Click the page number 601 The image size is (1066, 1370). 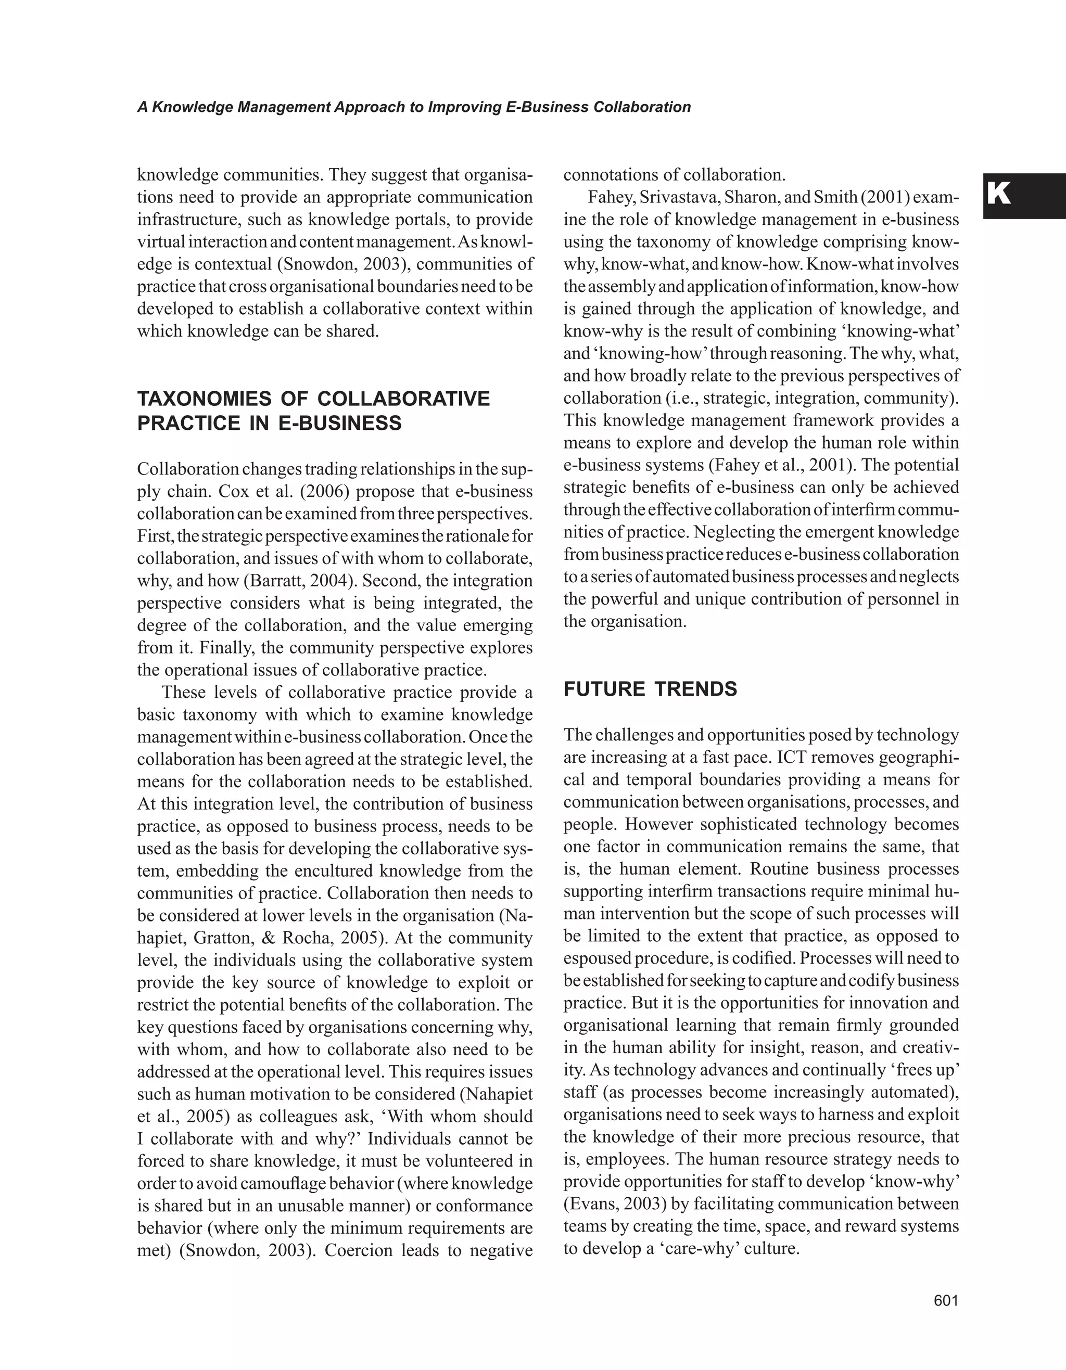tap(946, 1300)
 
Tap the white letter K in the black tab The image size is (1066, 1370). tap(999, 195)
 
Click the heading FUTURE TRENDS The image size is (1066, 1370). tap(650, 689)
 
